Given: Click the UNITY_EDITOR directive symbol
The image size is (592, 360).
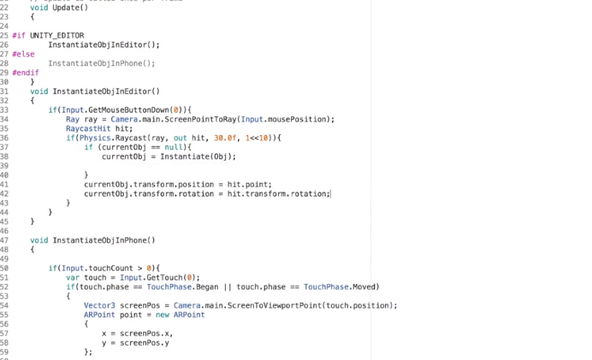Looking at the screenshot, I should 56,35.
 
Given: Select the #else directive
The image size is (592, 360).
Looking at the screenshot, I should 23,54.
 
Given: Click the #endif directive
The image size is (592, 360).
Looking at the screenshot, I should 26,73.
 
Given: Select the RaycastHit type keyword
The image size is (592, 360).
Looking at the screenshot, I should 88,128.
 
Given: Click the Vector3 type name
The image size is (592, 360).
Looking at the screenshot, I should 99,305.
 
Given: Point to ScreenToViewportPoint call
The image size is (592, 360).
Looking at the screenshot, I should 256,305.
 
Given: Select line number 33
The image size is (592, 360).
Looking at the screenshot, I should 4,109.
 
